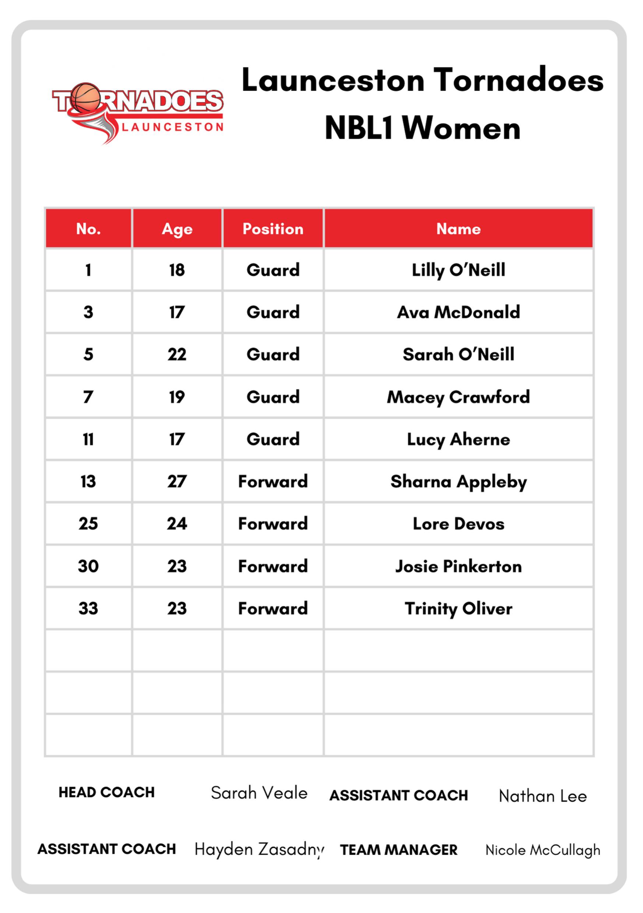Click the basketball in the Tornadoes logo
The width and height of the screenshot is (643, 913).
point(85,97)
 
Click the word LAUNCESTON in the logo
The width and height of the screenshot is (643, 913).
point(172,127)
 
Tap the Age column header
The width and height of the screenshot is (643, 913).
point(177,229)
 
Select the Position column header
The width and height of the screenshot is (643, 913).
point(273,229)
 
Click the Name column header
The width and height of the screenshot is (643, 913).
point(459,229)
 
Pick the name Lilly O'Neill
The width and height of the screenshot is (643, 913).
point(459,270)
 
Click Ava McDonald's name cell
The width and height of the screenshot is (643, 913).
point(459,312)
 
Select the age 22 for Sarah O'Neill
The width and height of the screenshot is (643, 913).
point(177,355)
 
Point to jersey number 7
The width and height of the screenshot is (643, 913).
point(88,397)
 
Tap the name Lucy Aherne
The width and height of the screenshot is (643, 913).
point(459,439)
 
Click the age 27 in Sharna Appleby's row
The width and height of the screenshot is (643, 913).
point(177,482)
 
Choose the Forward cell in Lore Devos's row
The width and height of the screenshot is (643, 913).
point(273,524)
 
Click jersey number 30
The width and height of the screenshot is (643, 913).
point(88,566)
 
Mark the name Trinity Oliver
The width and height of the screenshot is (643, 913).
point(459,608)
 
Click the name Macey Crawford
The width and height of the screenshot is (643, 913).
point(459,397)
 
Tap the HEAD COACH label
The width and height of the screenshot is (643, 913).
point(107,792)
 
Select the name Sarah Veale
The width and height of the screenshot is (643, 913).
point(259,793)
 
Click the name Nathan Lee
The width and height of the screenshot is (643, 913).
point(543,796)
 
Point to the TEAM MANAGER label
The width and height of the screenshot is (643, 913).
point(399,850)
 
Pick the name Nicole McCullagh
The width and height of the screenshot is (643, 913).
point(543,850)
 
